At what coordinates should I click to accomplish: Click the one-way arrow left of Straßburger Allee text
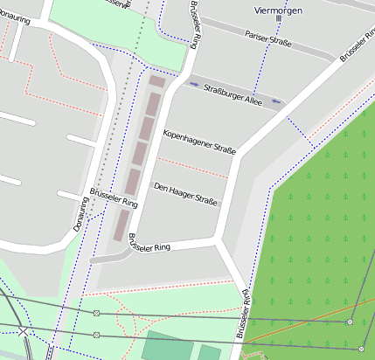(194, 85)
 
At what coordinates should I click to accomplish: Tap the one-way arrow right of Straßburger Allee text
(276, 102)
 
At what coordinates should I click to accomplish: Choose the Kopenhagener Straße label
(199, 141)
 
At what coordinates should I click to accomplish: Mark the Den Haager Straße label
(184, 193)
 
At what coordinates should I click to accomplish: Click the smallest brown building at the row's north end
(156, 81)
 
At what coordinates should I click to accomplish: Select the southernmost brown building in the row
(121, 225)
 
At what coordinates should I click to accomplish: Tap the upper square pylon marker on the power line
(96, 313)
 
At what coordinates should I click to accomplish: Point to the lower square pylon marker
(95, 335)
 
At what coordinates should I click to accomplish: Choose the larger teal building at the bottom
(167, 346)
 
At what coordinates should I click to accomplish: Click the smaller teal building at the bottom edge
(210, 353)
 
